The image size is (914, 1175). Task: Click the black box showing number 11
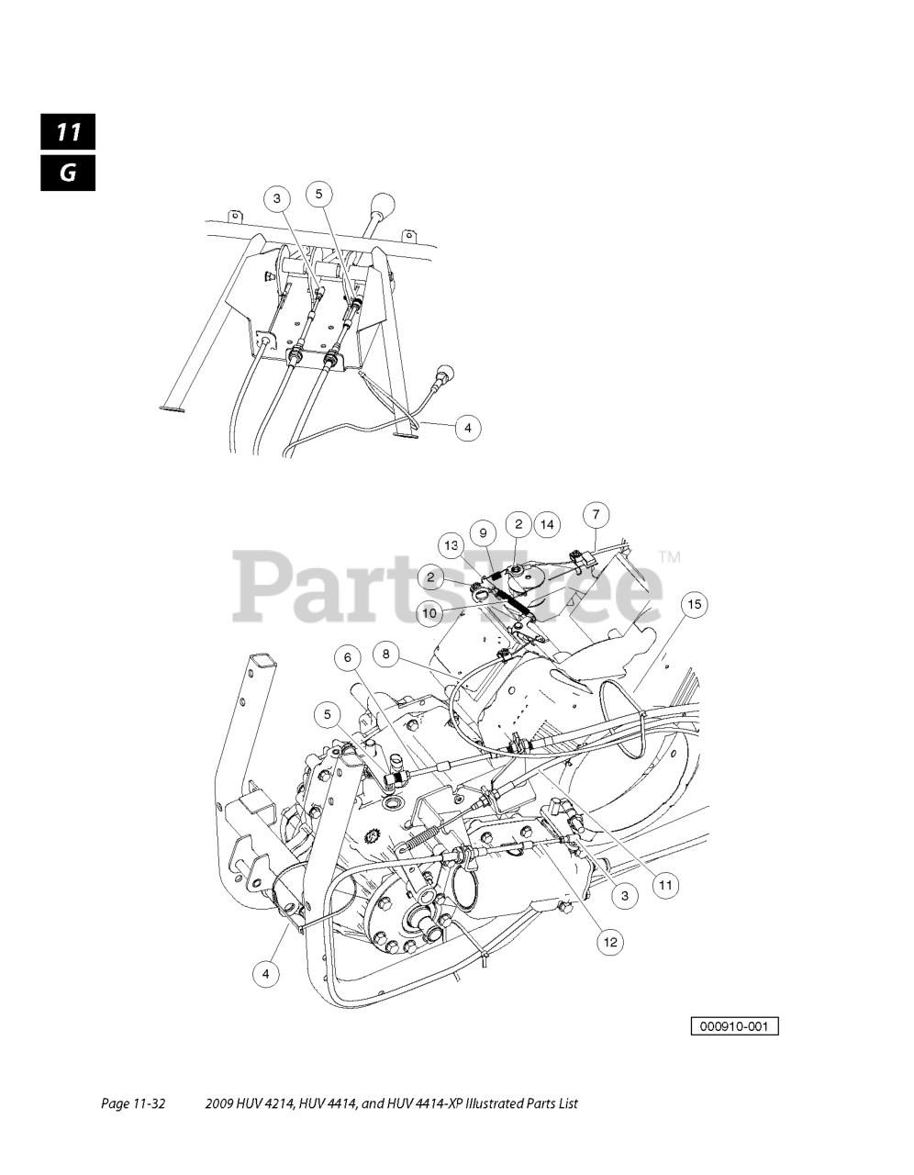click(x=68, y=131)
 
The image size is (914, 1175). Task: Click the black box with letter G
click(x=68, y=173)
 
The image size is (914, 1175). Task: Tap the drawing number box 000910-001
click(x=734, y=1025)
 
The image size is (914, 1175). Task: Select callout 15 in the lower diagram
click(x=695, y=604)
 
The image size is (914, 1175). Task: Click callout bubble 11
click(x=665, y=885)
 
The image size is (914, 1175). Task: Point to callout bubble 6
click(x=348, y=657)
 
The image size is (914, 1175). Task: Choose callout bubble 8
click(x=386, y=655)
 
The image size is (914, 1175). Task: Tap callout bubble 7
click(x=596, y=514)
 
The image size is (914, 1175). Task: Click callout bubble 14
click(x=547, y=524)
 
